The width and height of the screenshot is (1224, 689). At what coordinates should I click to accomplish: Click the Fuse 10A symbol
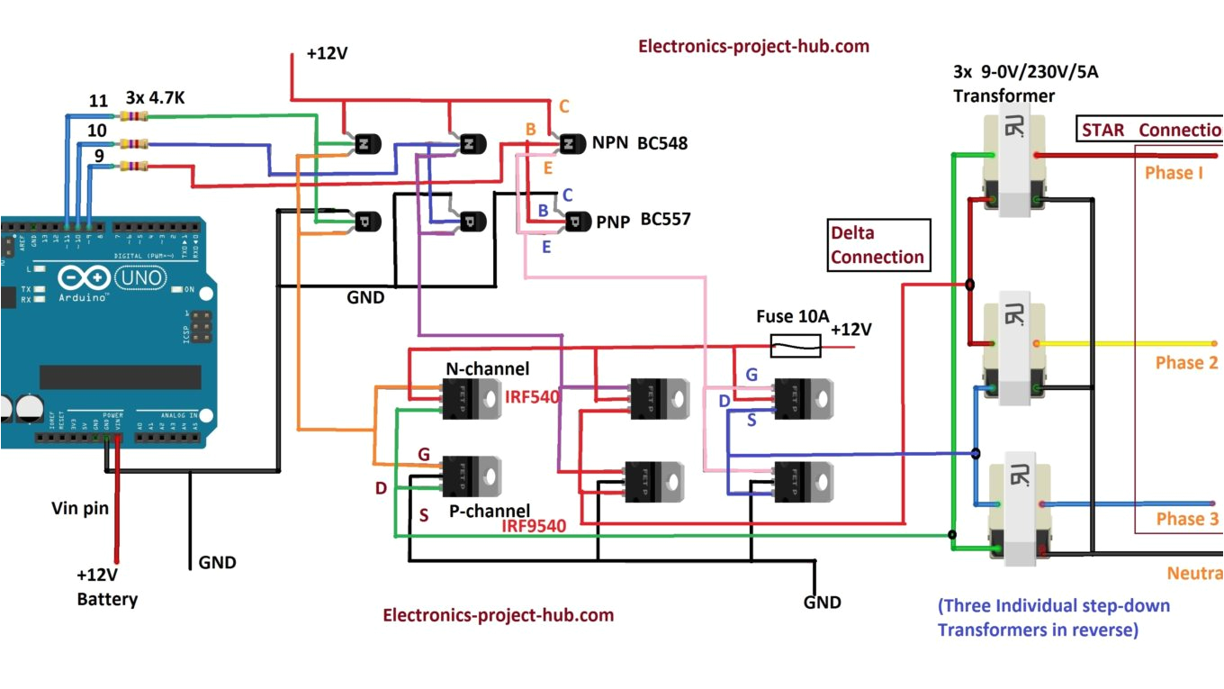[x=796, y=342]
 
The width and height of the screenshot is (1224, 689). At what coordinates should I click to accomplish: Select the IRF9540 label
[x=534, y=526]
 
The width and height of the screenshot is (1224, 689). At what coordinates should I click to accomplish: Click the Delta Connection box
[x=877, y=246]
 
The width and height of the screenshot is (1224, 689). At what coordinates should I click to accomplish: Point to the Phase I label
[x=1174, y=172]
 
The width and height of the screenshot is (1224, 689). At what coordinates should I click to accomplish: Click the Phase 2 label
[x=1186, y=363]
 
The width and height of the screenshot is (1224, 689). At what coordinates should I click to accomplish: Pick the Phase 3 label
[x=1187, y=519]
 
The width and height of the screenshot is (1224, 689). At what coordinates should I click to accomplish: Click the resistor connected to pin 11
[x=132, y=115]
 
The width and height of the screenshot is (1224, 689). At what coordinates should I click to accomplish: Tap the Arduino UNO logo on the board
[x=112, y=279]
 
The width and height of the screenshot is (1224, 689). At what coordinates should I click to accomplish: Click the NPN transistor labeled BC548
[x=570, y=143]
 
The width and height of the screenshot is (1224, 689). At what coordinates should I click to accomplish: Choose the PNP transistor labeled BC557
[x=575, y=220]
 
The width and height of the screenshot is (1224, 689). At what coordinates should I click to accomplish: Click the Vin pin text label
[x=79, y=508]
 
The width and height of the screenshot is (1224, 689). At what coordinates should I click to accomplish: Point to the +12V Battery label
[x=106, y=586]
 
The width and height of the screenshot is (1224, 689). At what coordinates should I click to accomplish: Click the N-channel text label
[x=487, y=369]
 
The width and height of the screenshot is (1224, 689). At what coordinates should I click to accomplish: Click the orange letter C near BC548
[x=564, y=107]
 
